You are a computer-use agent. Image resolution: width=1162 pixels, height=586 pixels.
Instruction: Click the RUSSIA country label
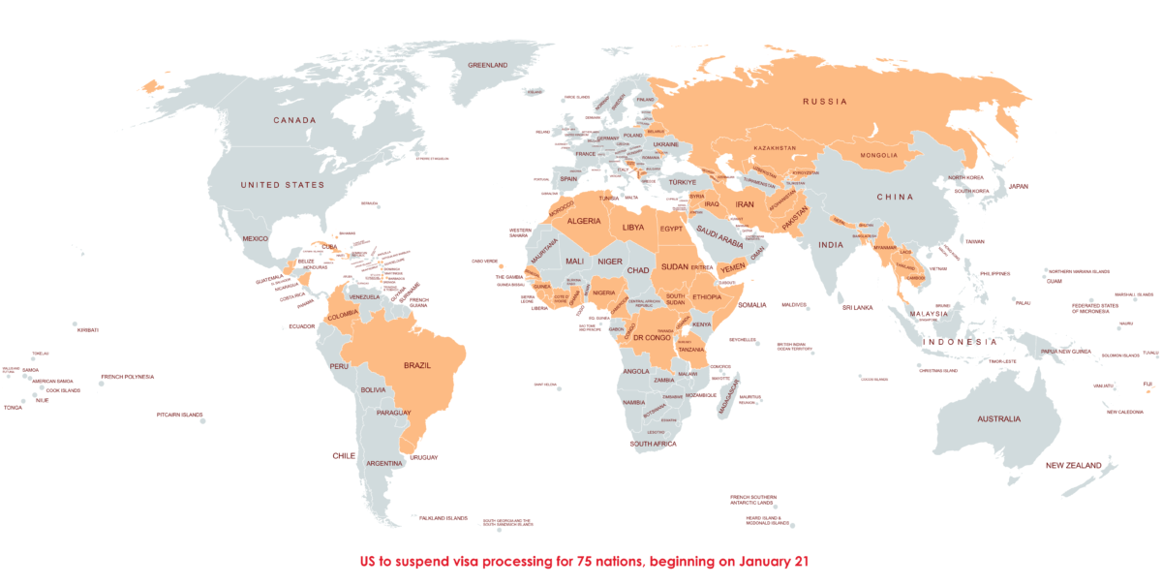[x=825, y=101]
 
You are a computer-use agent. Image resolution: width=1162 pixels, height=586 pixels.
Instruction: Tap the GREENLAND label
[x=488, y=65]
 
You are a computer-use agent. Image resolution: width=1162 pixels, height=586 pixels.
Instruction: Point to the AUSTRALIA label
[x=997, y=418]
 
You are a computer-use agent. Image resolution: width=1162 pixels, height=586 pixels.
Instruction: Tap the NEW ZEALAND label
[x=1073, y=466]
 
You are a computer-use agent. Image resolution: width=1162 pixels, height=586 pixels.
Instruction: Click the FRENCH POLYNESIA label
[x=127, y=377]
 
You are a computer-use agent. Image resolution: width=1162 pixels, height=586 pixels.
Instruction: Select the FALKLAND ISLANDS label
[x=443, y=517]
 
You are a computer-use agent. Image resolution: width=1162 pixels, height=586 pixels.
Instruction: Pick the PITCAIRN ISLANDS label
[x=179, y=415]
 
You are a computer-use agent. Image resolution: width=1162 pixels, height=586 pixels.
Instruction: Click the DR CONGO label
[x=653, y=337]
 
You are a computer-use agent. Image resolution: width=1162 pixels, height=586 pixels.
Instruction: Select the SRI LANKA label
[x=858, y=307]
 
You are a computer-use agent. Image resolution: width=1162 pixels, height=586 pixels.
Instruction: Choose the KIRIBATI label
[x=88, y=329]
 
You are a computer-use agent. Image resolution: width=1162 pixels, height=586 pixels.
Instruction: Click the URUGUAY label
[x=424, y=457]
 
